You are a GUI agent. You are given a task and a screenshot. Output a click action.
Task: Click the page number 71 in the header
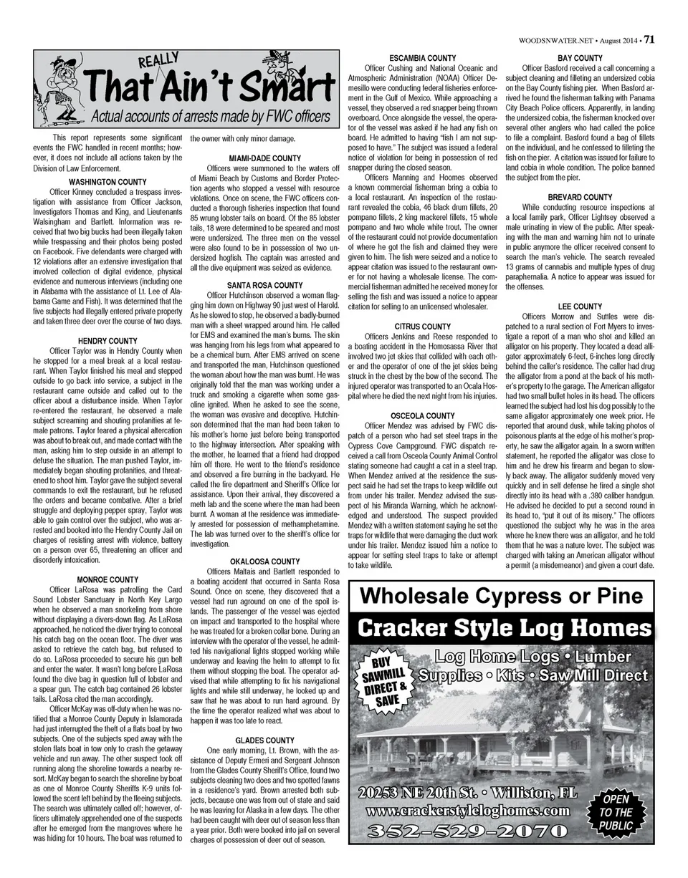pyautogui.click(x=649, y=40)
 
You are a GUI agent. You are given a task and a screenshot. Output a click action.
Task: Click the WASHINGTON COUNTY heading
pyautogui.click(x=107, y=183)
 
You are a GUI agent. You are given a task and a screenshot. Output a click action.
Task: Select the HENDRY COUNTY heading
pyautogui.click(x=107, y=341)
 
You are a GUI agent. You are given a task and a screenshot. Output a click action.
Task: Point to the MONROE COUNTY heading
pyautogui.click(x=107, y=579)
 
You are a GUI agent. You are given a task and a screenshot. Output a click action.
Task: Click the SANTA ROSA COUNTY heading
pyautogui.click(x=264, y=285)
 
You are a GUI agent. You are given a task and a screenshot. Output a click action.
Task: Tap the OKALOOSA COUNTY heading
pyautogui.click(x=264, y=561)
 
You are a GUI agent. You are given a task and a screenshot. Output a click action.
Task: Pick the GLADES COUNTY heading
pyautogui.click(x=264, y=740)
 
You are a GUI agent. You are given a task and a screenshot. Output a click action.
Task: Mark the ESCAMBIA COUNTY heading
pyautogui.click(x=422, y=58)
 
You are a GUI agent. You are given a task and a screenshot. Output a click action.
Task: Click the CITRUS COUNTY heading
pyautogui.click(x=422, y=327)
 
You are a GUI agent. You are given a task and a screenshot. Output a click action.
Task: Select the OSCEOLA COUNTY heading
pyautogui.click(x=422, y=415)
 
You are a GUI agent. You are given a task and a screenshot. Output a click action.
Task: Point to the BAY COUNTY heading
pyautogui.click(x=580, y=58)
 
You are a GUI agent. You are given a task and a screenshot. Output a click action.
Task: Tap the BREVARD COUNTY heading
pyautogui.click(x=580, y=197)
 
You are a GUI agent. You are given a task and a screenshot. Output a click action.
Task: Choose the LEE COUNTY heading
pyautogui.click(x=580, y=307)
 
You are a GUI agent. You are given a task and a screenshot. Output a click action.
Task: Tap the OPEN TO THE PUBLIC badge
pyautogui.click(x=615, y=812)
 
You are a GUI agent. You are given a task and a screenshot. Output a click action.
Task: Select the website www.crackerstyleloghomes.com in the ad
pyautogui.click(x=468, y=812)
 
